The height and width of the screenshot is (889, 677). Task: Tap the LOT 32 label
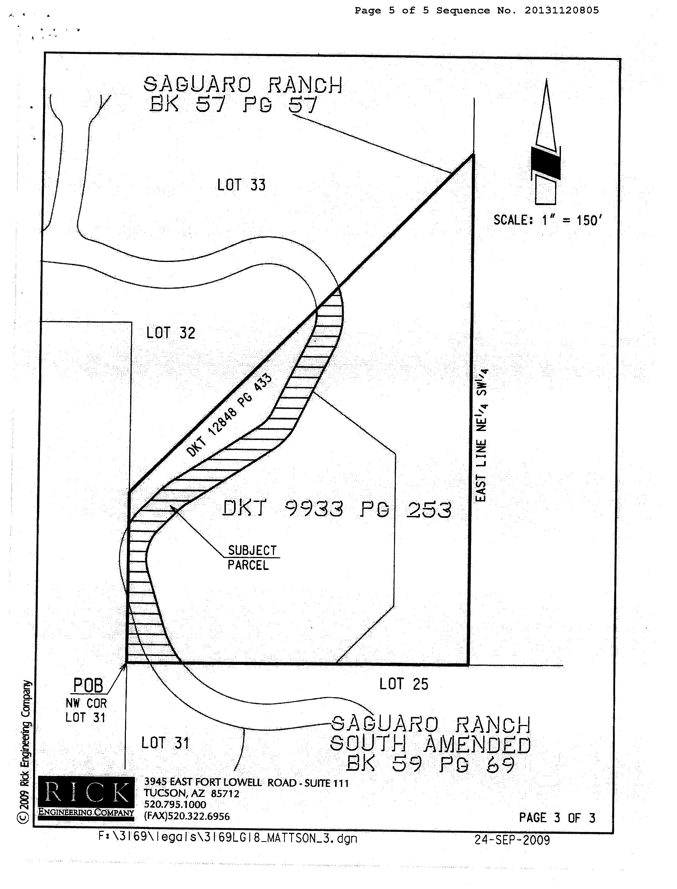tap(171, 333)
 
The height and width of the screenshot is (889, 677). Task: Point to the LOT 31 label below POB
tap(165, 743)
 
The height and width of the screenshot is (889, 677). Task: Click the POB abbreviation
tap(88, 685)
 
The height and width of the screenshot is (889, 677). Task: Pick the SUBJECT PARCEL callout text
tap(251, 557)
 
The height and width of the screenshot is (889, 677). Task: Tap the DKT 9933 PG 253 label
tap(337, 509)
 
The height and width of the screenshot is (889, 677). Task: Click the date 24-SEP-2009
tap(512, 840)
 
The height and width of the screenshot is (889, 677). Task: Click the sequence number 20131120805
tap(561, 11)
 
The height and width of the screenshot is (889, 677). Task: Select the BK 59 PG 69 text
tap(430, 764)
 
